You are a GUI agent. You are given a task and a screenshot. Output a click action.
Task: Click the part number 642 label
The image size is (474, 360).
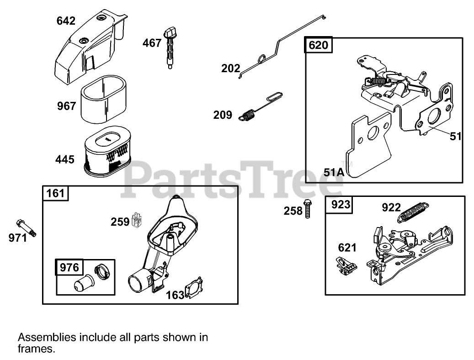pyautogui.click(x=66, y=21)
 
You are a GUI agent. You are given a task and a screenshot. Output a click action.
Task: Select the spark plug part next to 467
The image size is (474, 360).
pyautogui.click(x=171, y=48)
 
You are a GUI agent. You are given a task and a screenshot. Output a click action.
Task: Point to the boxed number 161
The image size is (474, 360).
pyautogui.click(x=55, y=193)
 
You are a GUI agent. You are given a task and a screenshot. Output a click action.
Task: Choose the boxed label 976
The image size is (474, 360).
pyautogui.click(x=69, y=267)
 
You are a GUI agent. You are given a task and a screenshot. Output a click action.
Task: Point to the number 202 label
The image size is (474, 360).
pyautogui.click(x=230, y=69)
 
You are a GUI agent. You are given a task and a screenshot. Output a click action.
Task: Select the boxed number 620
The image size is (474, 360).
pyautogui.click(x=318, y=45)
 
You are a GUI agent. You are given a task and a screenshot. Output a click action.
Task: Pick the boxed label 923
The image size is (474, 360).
pyautogui.click(x=339, y=204)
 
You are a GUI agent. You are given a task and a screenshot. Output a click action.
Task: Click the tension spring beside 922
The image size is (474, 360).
pyautogui.click(x=415, y=212)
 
